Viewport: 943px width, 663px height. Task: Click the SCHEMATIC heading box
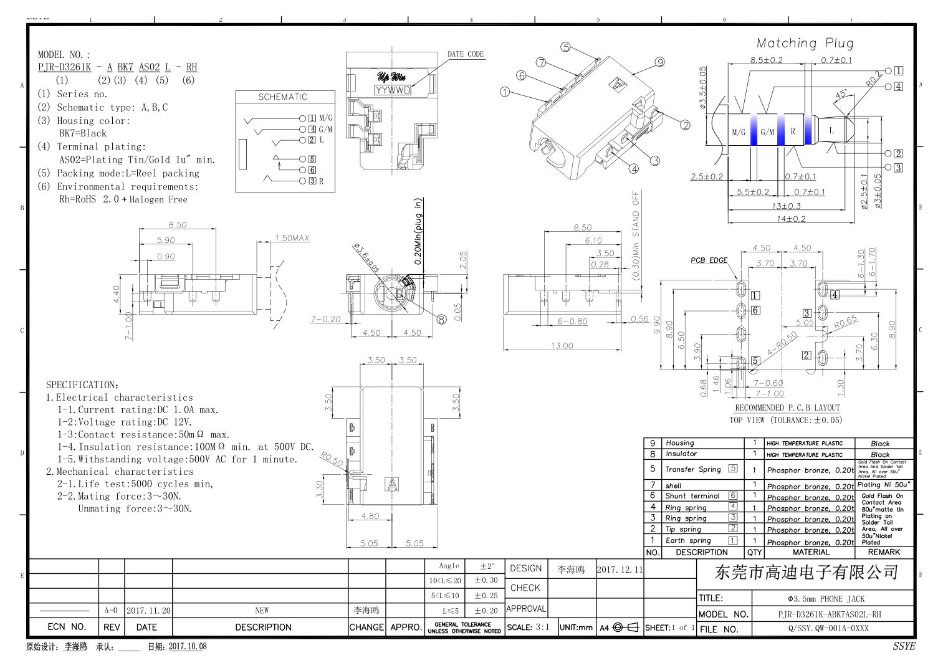point(283,97)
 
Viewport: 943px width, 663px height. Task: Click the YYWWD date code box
point(393,90)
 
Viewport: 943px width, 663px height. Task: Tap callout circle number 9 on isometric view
point(659,62)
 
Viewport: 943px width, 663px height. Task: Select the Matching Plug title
point(805,43)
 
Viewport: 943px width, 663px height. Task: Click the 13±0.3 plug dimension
point(786,206)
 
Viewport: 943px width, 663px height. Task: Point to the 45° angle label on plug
point(841,94)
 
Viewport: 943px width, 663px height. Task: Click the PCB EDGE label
point(709,260)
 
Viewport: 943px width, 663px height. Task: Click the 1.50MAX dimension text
point(292,238)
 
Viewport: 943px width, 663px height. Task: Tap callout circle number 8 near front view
point(441,319)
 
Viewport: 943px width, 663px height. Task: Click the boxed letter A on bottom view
point(392,484)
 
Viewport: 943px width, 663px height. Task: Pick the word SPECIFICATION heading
point(82,385)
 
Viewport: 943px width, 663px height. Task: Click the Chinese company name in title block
point(806,572)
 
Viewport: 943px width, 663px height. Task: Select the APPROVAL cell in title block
point(525,609)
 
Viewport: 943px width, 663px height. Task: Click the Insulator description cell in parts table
point(681,454)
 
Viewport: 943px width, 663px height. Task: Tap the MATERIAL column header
point(811,552)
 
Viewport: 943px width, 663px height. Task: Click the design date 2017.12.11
point(620,570)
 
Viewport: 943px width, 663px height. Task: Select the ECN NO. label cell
point(67,627)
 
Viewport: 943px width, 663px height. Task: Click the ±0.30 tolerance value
point(486,580)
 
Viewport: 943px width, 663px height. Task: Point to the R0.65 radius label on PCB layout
point(845,322)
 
